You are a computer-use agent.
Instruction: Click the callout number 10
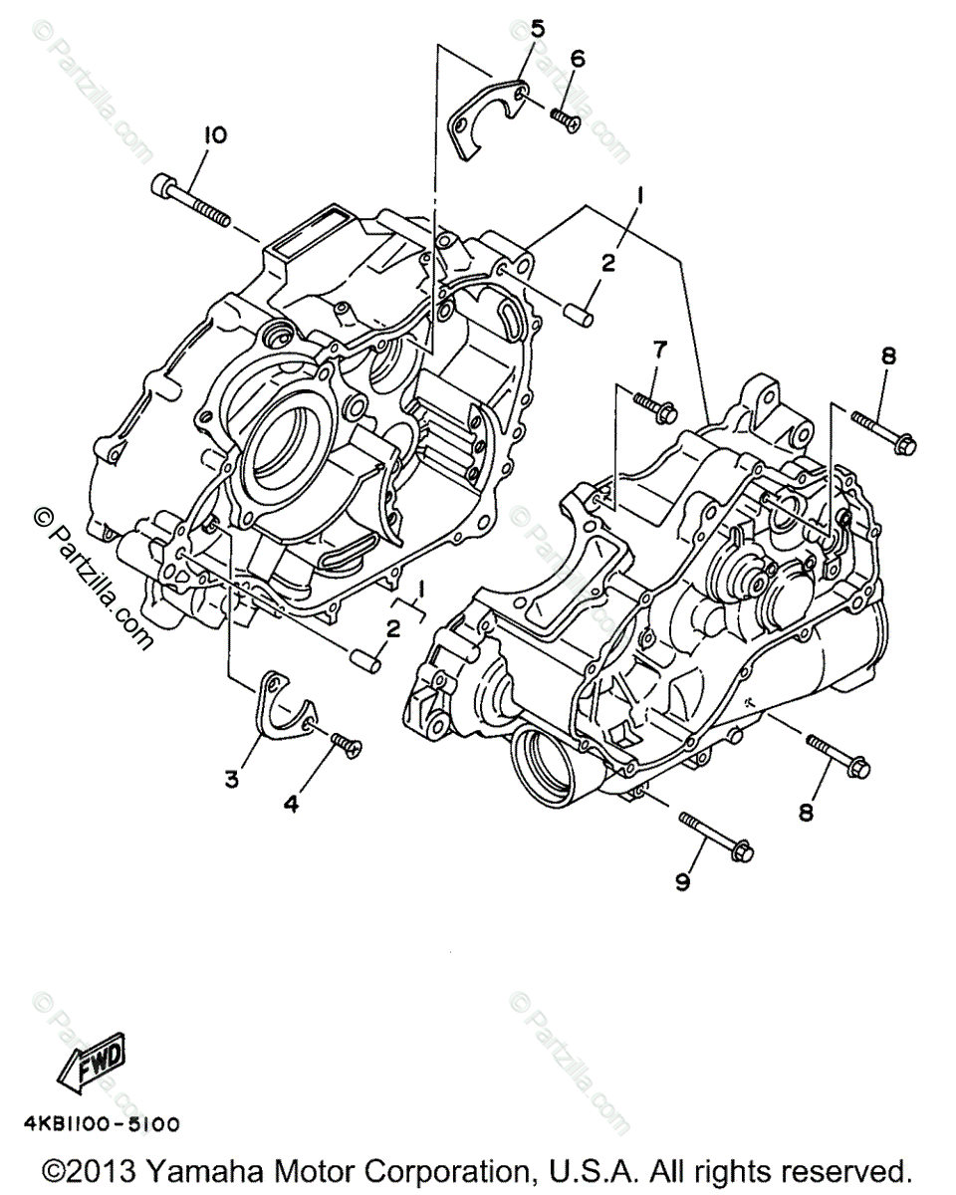(x=214, y=135)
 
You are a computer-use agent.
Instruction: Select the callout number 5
(x=537, y=28)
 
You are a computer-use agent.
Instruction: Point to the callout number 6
(x=578, y=59)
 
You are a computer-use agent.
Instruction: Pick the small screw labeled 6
(x=564, y=119)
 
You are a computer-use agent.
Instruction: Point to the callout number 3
(x=231, y=779)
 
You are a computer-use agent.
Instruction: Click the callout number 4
(x=291, y=805)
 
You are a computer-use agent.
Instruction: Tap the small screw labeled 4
(x=344, y=742)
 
